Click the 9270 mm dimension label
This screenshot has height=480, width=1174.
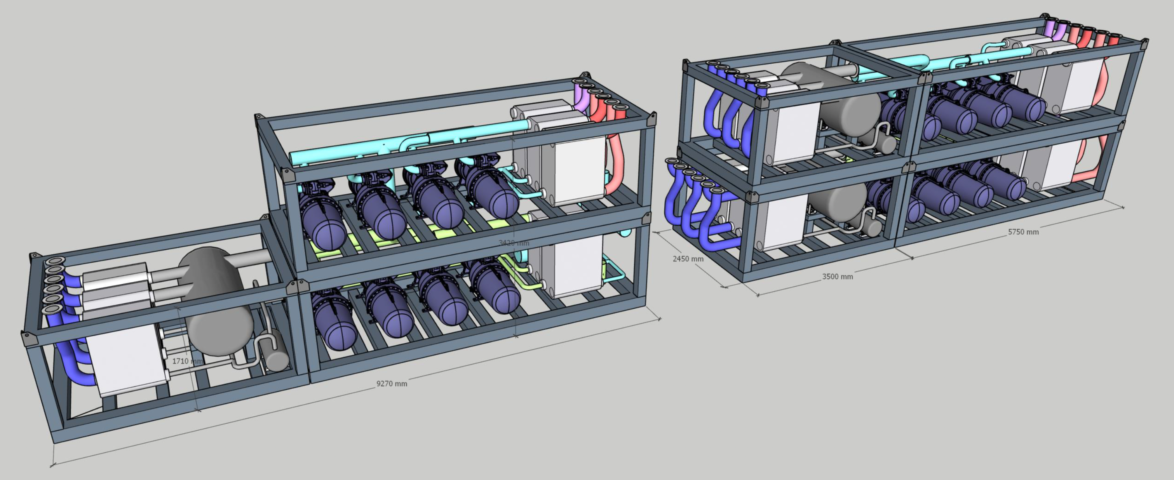[392, 383]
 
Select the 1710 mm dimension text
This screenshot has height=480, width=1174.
[186, 361]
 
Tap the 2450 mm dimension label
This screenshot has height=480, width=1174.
[688, 259]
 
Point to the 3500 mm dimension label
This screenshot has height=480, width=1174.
[837, 277]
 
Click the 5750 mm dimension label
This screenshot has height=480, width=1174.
[1023, 232]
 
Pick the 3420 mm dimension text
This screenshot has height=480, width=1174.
[514, 243]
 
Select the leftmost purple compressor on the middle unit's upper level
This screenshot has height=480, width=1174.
[321, 223]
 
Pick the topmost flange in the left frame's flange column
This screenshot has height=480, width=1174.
[56, 261]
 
